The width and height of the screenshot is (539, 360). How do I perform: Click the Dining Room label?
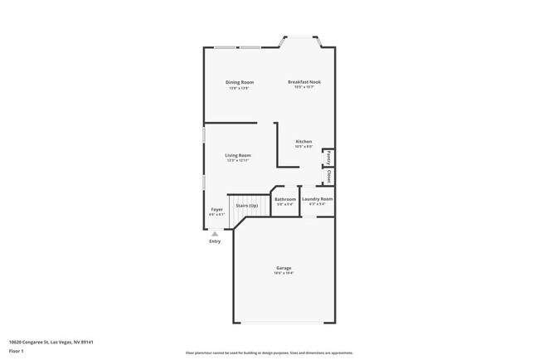(x=240, y=82)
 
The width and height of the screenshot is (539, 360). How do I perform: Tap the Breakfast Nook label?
(x=303, y=82)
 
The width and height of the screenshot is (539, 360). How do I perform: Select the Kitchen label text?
(x=303, y=142)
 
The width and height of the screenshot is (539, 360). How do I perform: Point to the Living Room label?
(x=238, y=155)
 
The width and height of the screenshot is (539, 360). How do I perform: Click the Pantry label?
(x=328, y=157)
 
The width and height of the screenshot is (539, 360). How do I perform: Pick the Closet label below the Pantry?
(x=328, y=176)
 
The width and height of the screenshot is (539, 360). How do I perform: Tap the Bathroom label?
(x=285, y=199)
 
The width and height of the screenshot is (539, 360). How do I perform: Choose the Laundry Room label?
(x=317, y=199)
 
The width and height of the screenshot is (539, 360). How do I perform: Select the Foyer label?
(x=216, y=209)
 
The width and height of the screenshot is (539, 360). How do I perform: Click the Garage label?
(x=284, y=267)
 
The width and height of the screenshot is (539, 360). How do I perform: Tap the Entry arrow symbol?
(x=215, y=234)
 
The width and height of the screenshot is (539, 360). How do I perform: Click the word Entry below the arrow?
(x=215, y=241)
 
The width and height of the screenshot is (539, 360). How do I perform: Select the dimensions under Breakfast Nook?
(x=303, y=87)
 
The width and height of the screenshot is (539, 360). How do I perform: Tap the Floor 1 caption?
(x=16, y=350)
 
